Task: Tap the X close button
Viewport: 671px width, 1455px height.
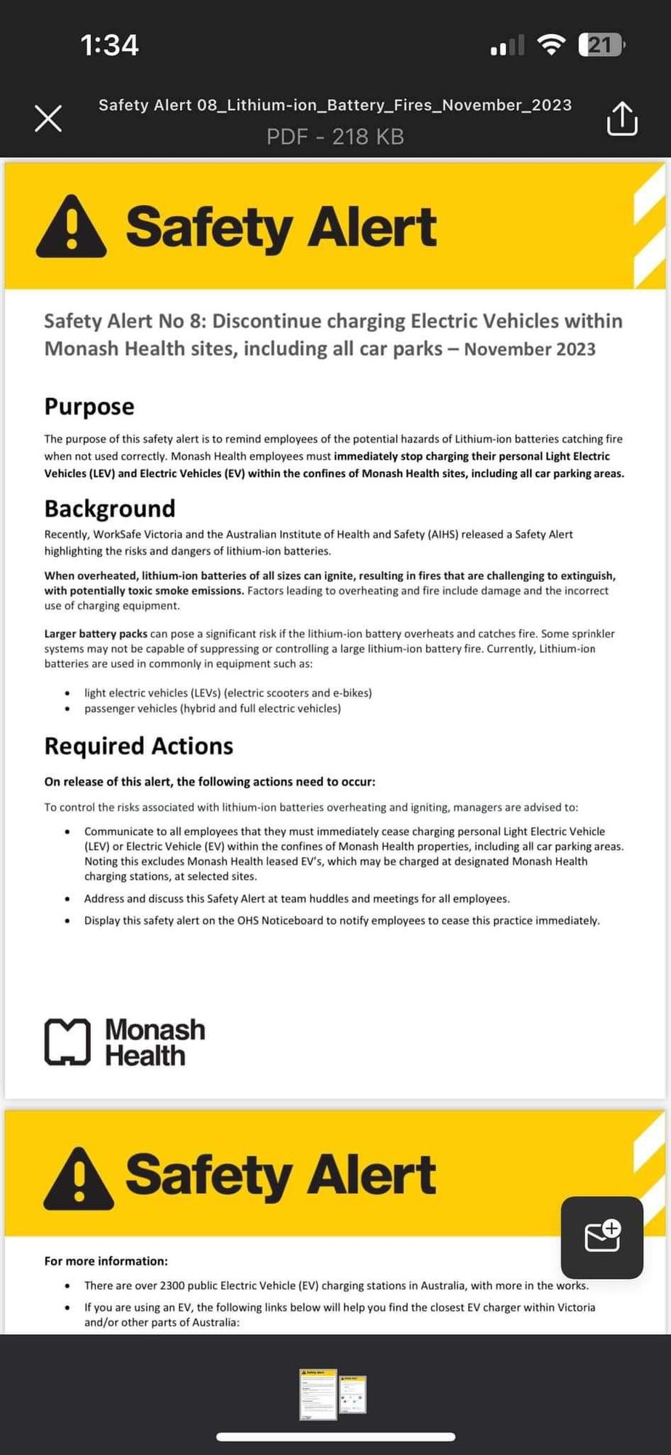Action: [48, 119]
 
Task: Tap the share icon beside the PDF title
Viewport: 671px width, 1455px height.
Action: [622, 119]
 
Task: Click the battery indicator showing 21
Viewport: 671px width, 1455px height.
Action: [600, 45]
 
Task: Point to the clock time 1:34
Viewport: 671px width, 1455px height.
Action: [110, 45]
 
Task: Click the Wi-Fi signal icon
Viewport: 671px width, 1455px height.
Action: [551, 45]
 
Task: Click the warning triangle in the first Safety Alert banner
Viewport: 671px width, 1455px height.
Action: [71, 227]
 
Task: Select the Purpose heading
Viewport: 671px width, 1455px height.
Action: [89, 406]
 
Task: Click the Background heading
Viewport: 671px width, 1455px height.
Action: [110, 508]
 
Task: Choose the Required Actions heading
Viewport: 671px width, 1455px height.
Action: [139, 746]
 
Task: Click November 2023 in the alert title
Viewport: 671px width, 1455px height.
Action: [529, 349]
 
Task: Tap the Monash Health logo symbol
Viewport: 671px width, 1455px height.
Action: [68, 1042]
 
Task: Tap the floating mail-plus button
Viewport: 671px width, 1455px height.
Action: [602, 1237]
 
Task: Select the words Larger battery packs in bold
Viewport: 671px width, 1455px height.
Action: [96, 634]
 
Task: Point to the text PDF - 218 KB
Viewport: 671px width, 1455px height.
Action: [335, 137]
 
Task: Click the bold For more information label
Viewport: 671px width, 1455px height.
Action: [106, 1261]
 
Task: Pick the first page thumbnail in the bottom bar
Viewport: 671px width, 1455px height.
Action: [318, 1394]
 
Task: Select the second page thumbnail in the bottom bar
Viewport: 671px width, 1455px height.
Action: [353, 1395]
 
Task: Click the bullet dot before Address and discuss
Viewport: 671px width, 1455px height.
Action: [68, 899]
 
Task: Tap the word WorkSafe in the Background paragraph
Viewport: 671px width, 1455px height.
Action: [117, 534]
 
